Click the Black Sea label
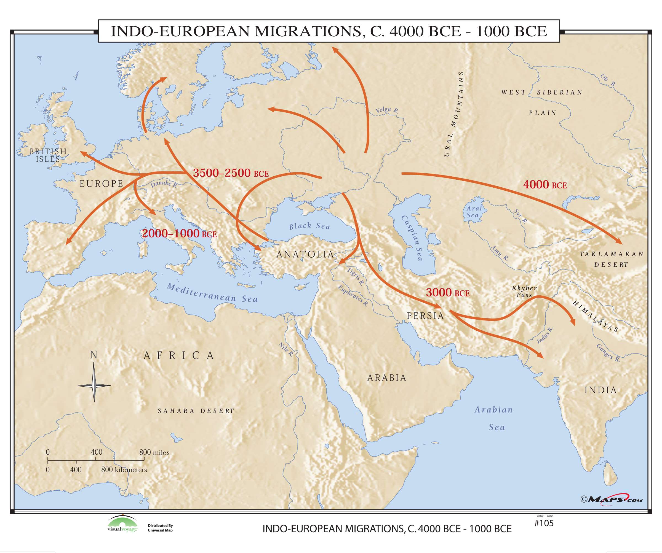click(x=309, y=226)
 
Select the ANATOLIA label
click(x=305, y=254)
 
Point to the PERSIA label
click(x=425, y=316)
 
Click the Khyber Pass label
click(x=524, y=291)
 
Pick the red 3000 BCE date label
click(x=448, y=293)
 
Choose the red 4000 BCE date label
click(x=545, y=185)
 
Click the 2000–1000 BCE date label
click(x=179, y=233)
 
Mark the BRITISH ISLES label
click(x=48, y=155)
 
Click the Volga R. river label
click(x=387, y=110)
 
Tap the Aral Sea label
click(x=474, y=212)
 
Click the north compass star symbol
click(x=94, y=385)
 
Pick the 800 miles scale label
click(x=154, y=452)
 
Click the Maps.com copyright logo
click(x=611, y=500)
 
